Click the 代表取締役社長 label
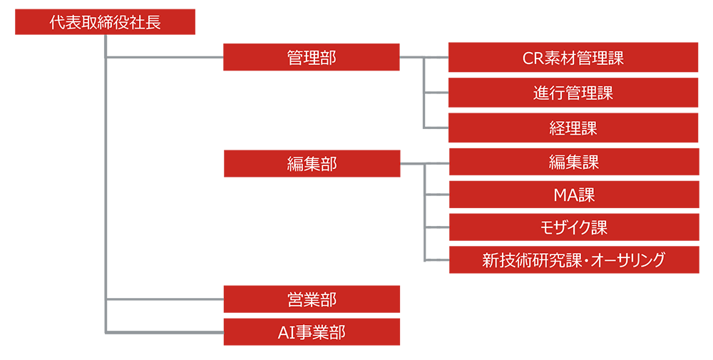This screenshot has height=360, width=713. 105,23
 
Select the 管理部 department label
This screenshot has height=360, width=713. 312,58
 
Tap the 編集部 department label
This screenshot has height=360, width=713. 312,165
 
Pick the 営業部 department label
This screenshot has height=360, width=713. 312,299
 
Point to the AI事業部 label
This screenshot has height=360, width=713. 312,332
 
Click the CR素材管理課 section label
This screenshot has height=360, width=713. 573,58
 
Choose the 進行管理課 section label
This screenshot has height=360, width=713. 573,93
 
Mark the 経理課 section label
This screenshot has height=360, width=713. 573,128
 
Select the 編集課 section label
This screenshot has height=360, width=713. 573,163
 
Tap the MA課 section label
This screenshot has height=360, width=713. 573,195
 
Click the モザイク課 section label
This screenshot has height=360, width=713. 573,227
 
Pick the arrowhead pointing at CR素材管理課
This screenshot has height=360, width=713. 442,56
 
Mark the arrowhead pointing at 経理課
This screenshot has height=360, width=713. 442,127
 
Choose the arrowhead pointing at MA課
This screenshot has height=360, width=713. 442,193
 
